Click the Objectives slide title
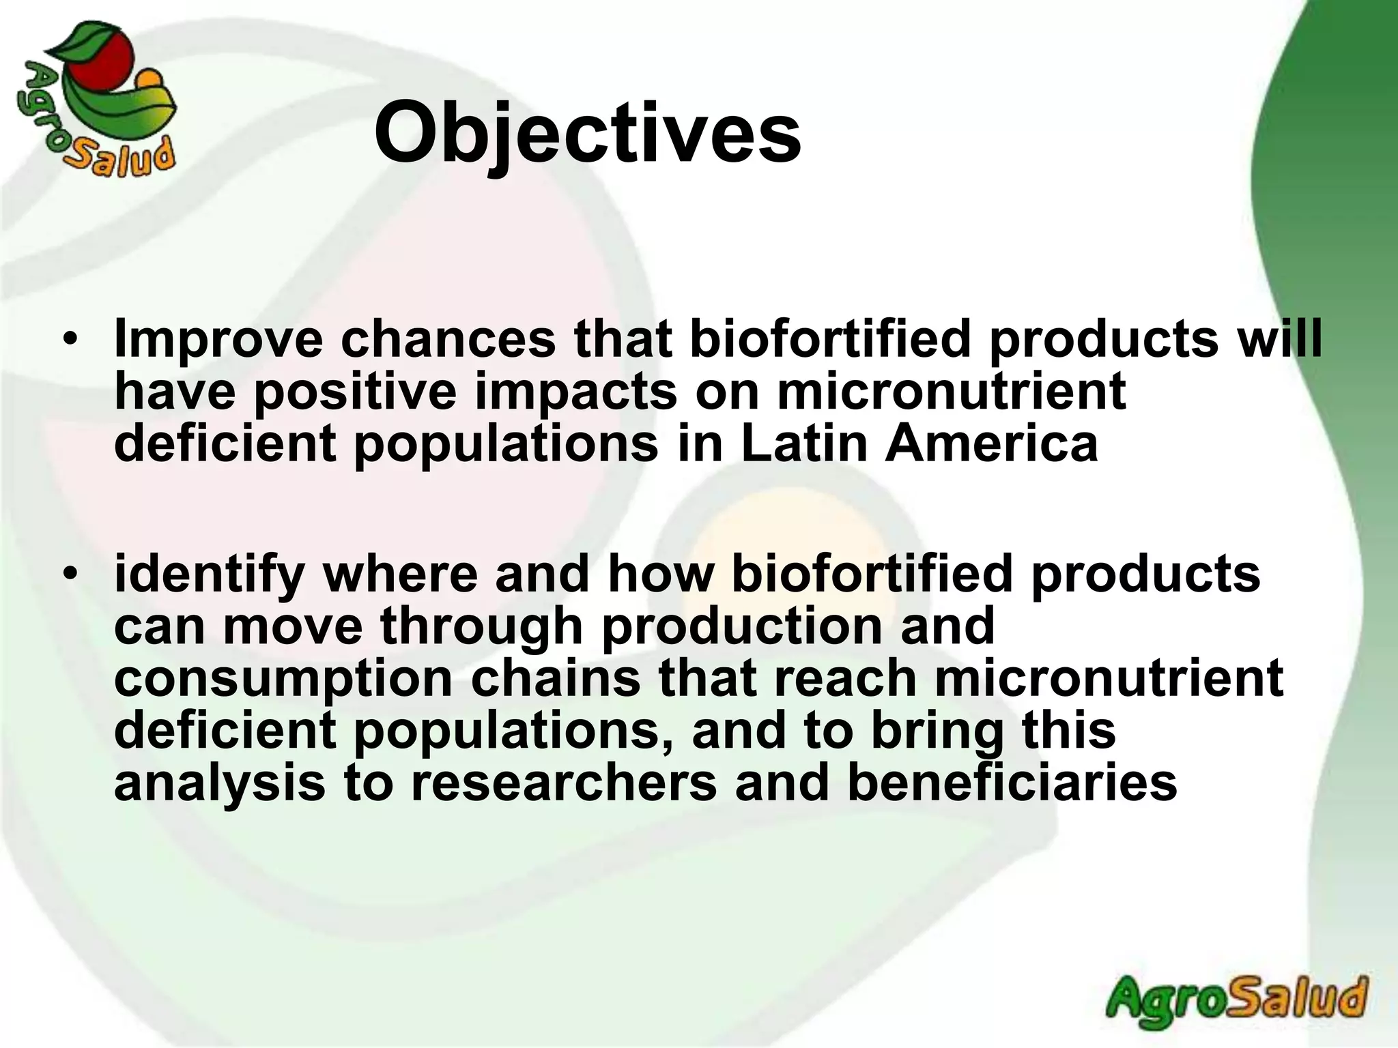point(587,133)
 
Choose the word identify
point(209,575)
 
